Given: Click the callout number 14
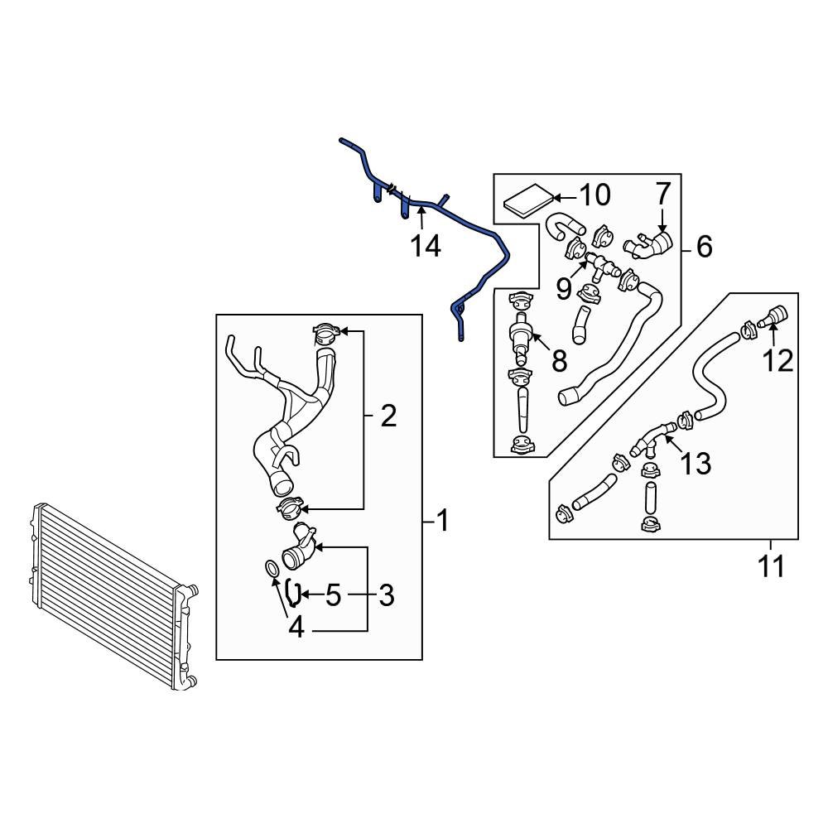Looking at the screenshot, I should pos(427,246).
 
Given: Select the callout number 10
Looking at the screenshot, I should pos(594,195).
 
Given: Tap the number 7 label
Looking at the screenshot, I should pos(662,194).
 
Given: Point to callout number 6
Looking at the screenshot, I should pos(704,246).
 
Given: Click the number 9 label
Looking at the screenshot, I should pos(564,288).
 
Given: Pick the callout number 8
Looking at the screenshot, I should pos(559,360).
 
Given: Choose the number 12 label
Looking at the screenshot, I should pos(777,360).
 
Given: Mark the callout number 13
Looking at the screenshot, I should pos(696,464).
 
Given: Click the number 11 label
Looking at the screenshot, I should pos(771,567).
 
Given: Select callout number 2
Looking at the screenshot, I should pos(388,416).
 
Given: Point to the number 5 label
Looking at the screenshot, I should pos(333,595).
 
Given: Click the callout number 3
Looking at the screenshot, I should pos(386,595).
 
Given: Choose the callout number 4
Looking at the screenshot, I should pos(296,628).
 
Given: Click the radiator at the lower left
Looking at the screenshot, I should pos(108,592).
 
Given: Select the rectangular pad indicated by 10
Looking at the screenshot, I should pos(527,200).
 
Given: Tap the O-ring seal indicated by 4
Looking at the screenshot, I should pos(271,568).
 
